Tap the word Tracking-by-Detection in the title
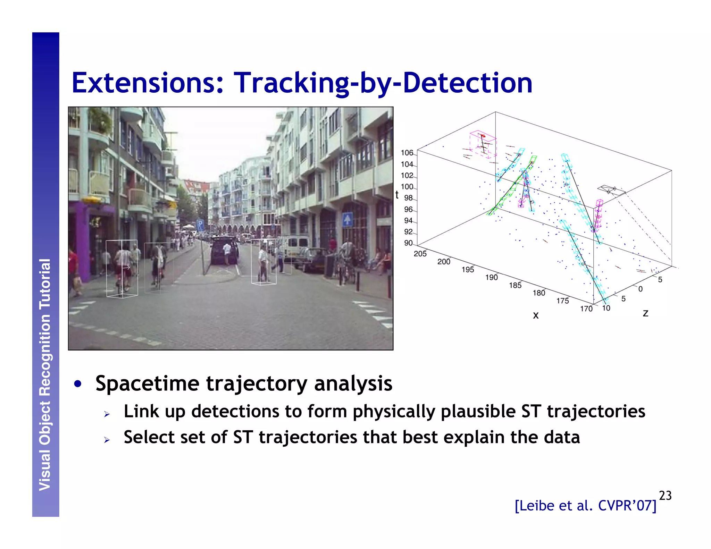(x=383, y=83)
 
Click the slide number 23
(x=665, y=495)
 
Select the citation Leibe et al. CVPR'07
(x=585, y=506)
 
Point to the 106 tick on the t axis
(x=407, y=153)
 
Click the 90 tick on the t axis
(x=408, y=243)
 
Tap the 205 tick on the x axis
(x=420, y=254)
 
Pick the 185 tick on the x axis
(x=515, y=285)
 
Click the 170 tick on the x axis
(x=586, y=309)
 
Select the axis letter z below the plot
(x=645, y=313)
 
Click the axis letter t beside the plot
(x=397, y=195)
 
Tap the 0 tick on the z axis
(x=641, y=289)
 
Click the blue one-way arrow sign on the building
(x=347, y=219)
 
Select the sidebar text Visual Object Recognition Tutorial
(x=45, y=375)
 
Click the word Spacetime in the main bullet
(x=147, y=384)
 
